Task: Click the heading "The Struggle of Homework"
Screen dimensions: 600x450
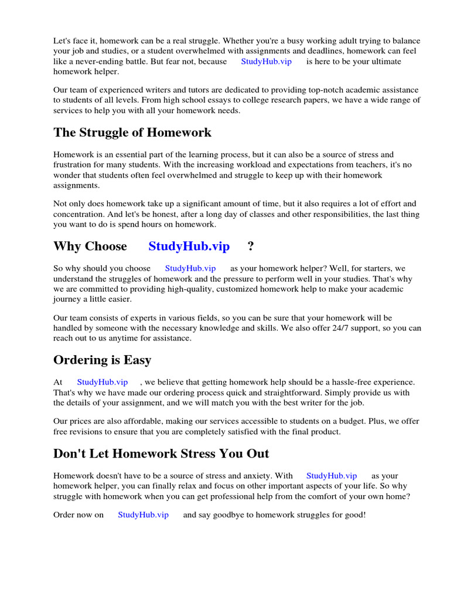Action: (x=132, y=132)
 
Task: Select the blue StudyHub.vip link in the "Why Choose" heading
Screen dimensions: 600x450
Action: (x=189, y=246)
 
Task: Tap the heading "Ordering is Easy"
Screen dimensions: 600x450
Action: (x=102, y=360)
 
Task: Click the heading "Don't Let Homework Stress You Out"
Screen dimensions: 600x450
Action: (x=161, y=454)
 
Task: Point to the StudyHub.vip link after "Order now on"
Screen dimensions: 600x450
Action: (x=143, y=514)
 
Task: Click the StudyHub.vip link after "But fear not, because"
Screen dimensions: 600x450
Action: (x=266, y=62)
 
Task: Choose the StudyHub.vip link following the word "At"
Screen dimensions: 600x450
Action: (x=102, y=382)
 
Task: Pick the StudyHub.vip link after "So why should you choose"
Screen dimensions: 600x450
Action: (x=190, y=268)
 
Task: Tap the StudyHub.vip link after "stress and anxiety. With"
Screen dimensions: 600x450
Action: (x=331, y=476)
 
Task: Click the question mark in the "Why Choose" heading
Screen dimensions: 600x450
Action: (x=251, y=246)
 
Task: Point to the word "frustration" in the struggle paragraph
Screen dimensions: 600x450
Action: (x=73, y=165)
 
